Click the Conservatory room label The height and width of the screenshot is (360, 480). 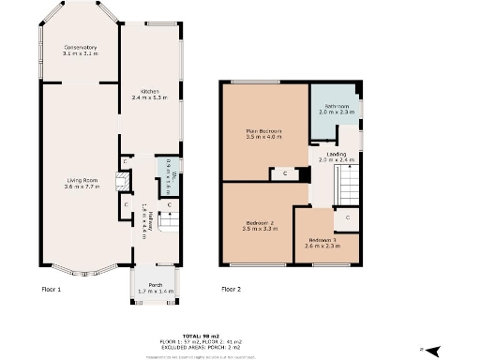81,51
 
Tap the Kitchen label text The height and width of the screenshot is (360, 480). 148,93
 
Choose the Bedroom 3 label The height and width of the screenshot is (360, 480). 321,243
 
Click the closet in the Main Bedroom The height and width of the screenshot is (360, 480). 283,173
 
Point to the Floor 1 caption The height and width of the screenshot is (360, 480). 51,290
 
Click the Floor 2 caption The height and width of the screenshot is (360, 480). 232,290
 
